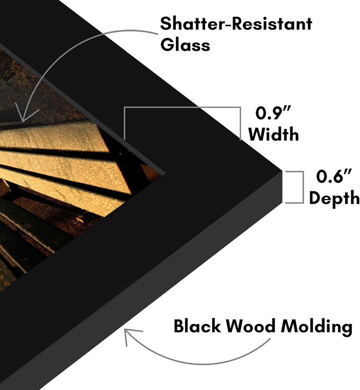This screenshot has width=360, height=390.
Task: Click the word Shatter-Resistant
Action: tap(236, 24)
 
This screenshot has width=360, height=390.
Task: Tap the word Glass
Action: tap(185, 45)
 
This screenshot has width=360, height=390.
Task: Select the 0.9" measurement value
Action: tap(273, 113)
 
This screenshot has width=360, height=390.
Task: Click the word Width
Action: tap(274, 134)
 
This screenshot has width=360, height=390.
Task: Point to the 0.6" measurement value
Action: tap(334, 176)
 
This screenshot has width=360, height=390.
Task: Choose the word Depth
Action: tap(334, 198)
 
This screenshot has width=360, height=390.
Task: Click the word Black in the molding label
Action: tap(197, 326)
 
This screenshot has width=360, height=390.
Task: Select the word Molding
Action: tap(316, 327)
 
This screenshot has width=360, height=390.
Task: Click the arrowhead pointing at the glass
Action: tap(22, 115)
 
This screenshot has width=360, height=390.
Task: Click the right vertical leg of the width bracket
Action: tap(240, 123)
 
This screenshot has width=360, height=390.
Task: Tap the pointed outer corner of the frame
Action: tap(282, 171)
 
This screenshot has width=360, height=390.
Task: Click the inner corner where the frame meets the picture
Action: tap(165, 172)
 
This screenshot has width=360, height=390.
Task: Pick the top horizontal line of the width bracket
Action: tap(182, 108)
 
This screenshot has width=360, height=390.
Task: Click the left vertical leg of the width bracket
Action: tap(124, 123)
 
